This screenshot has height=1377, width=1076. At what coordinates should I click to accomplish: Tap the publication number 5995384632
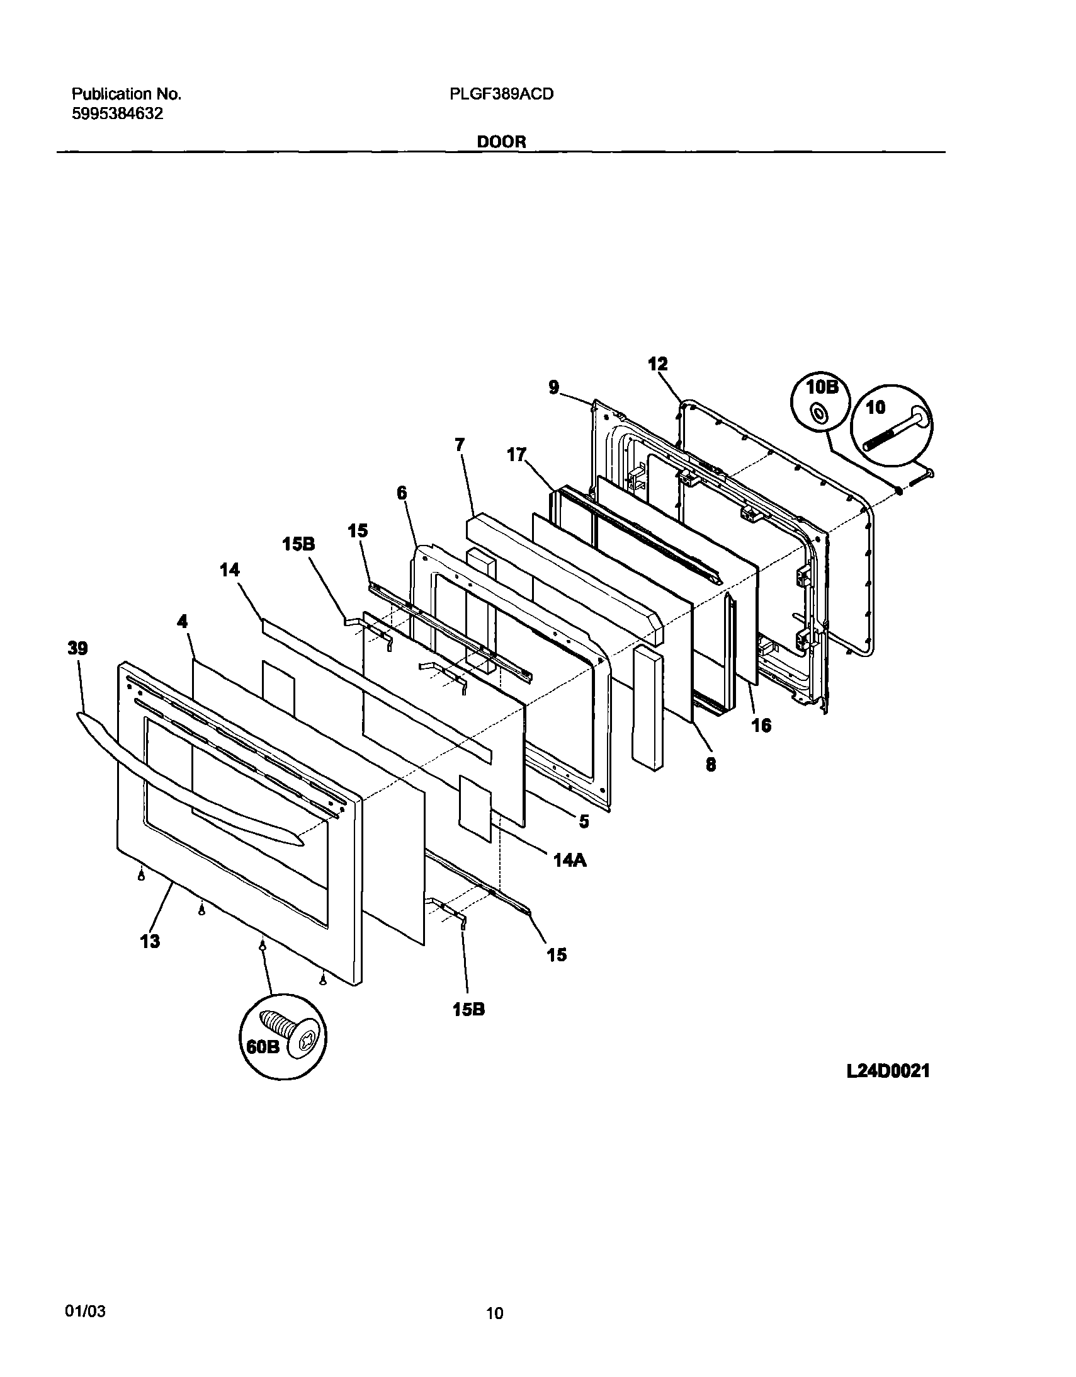pos(118,114)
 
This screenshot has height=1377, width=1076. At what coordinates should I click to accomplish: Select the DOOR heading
pos(501,142)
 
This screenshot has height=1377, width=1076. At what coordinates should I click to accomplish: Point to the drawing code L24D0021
pos(888,1071)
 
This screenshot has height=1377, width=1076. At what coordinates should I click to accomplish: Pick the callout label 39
pos(77,649)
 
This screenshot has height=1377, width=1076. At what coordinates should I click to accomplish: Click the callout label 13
pos(150,941)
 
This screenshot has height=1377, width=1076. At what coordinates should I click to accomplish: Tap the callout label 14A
pos(570,860)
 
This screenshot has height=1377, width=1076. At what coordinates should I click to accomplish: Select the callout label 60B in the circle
pos(261,1047)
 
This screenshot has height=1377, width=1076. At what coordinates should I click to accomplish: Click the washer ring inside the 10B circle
pos(820,414)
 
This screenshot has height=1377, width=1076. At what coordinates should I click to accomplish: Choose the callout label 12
pos(657,364)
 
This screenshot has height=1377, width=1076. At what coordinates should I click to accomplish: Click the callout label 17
pos(516,455)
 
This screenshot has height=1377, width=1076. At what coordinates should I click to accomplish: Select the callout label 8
pos(710,765)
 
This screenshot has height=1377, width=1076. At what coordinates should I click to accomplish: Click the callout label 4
pos(182,622)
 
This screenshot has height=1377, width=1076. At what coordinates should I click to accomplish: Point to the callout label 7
pos(460,445)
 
